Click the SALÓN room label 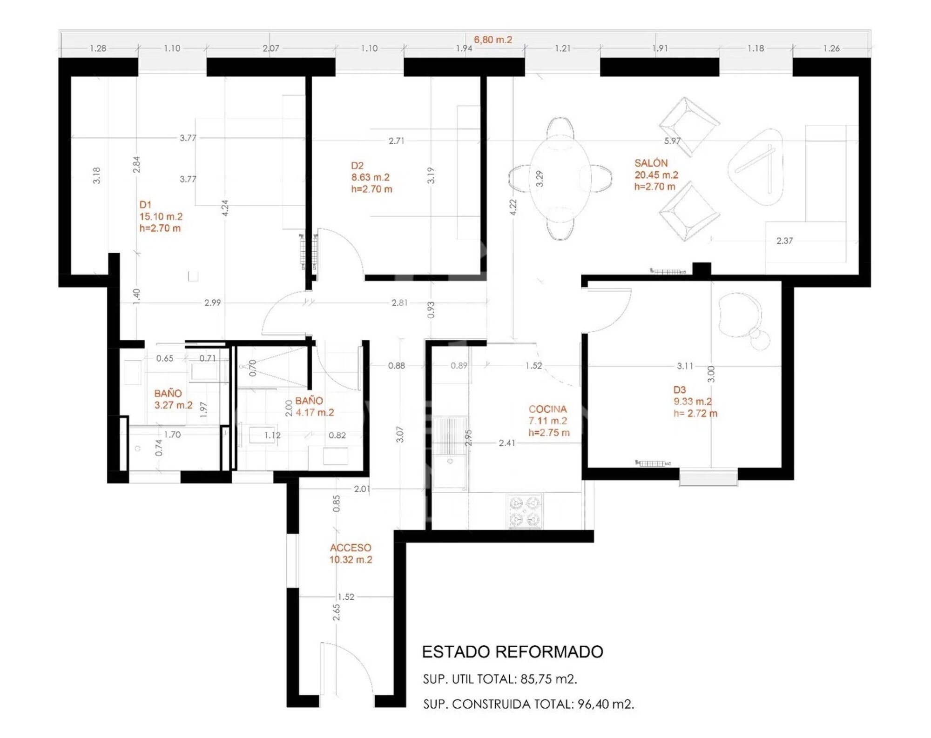pos(651,163)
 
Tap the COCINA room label pos(547,409)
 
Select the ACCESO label pos(351,548)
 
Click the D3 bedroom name pos(680,390)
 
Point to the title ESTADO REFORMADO pos(513,652)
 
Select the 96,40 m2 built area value pos(606,704)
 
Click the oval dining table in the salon pos(560,178)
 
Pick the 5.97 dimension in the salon pos(672,141)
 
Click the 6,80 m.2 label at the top pos(493,40)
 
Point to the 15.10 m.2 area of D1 pos(161,216)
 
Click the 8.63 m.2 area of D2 pos(370,177)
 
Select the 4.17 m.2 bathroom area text pos(315,412)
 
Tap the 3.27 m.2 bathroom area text pos(173,405)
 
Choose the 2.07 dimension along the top pos(271,48)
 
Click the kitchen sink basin pos(450,472)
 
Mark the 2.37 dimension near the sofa pos(784,241)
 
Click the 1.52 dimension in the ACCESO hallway pos(346,597)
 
